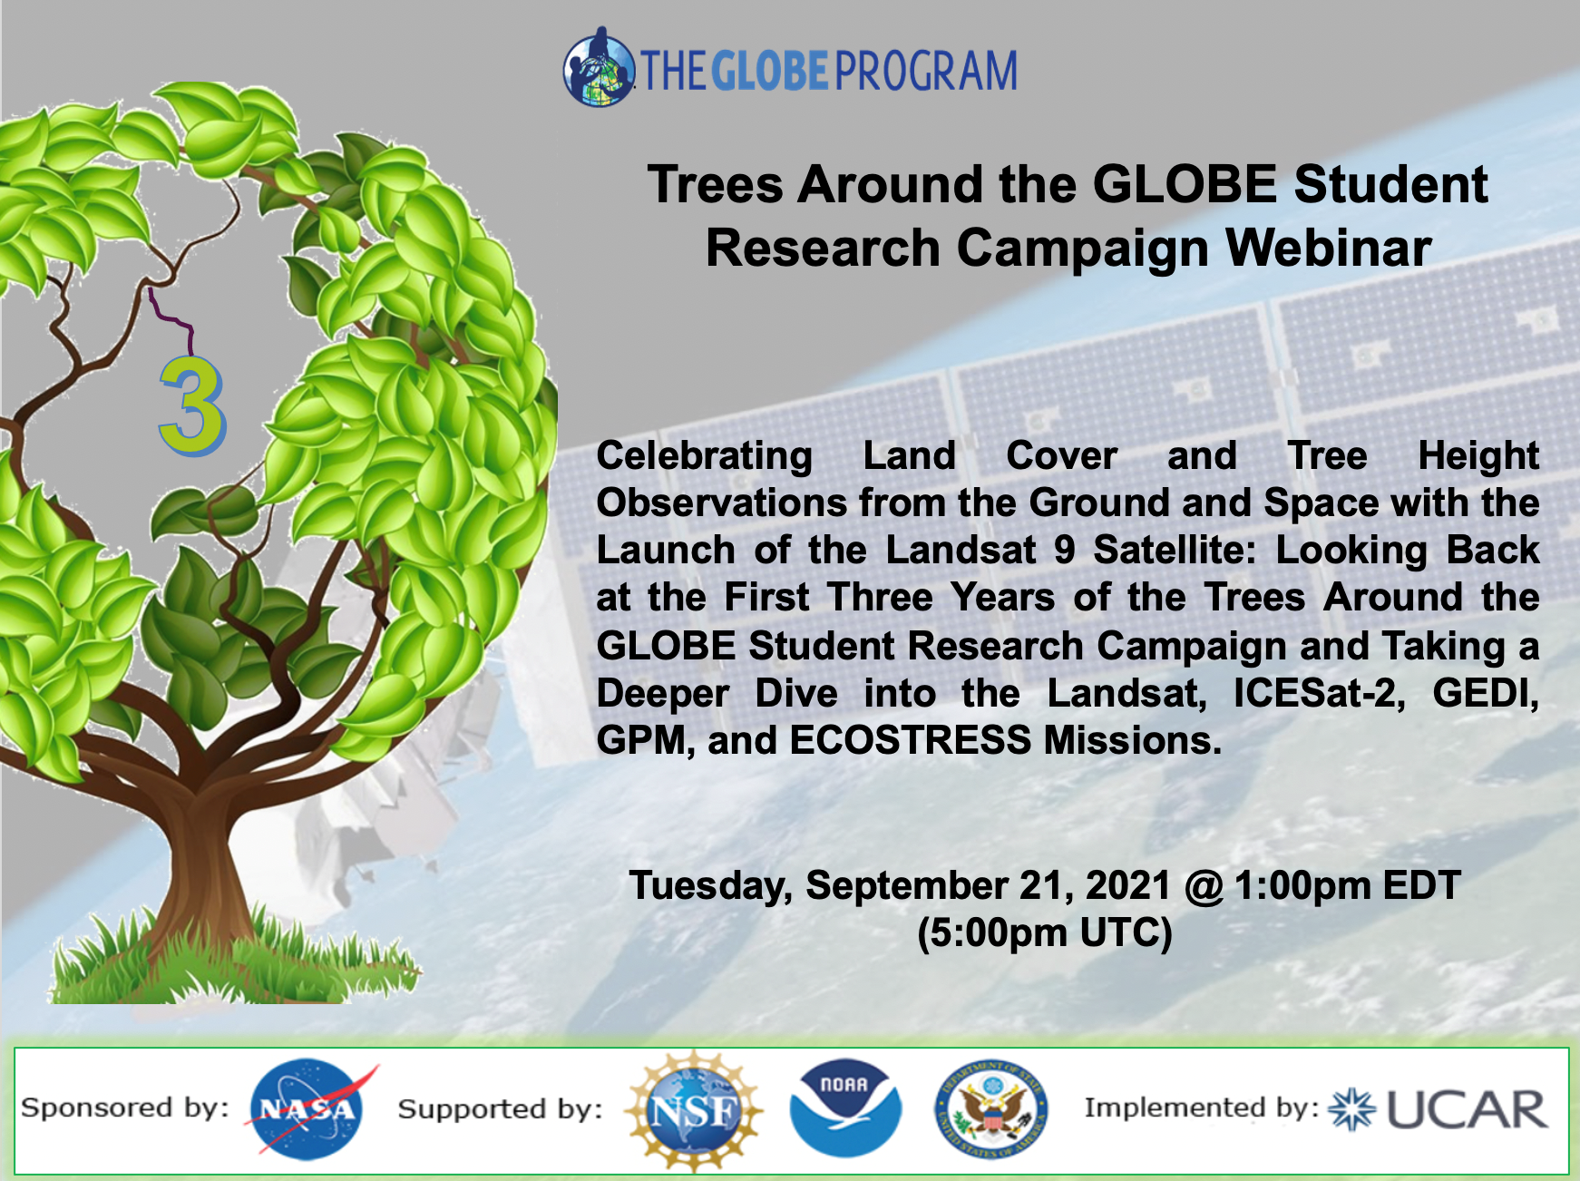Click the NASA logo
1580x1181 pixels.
point(307,1109)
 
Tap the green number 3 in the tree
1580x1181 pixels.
point(191,407)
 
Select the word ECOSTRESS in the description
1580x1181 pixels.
point(910,740)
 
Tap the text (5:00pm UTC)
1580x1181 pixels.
point(1044,932)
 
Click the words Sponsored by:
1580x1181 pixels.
point(125,1108)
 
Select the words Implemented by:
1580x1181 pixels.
point(1201,1108)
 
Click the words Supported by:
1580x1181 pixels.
point(500,1108)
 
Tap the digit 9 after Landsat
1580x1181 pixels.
point(1064,550)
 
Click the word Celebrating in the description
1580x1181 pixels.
point(704,455)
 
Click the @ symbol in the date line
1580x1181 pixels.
point(1203,886)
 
